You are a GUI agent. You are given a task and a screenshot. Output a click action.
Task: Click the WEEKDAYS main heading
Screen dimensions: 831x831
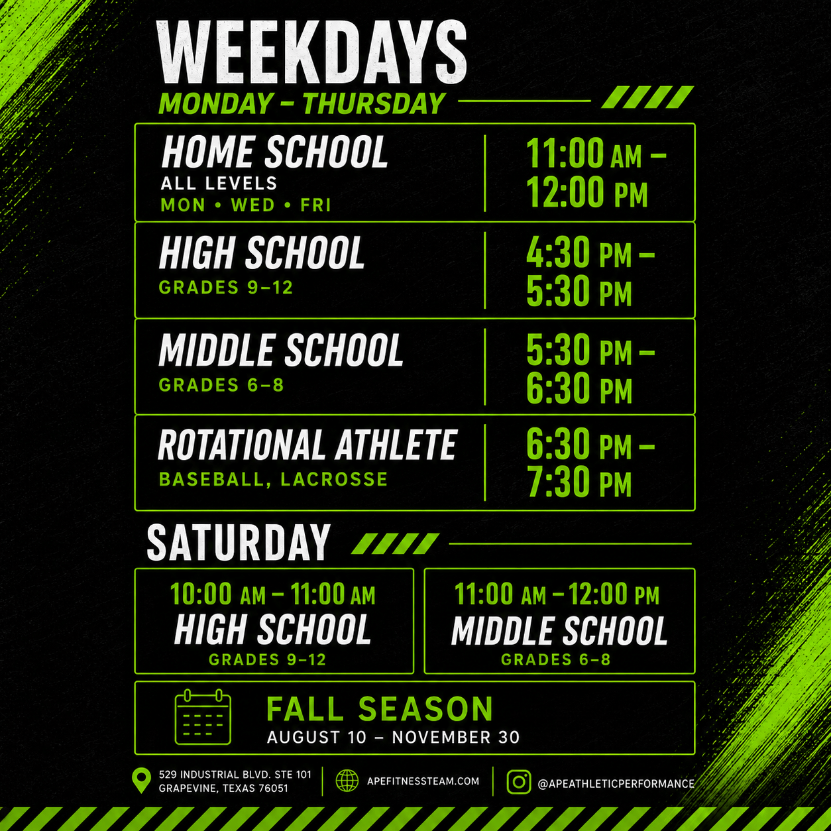(311, 52)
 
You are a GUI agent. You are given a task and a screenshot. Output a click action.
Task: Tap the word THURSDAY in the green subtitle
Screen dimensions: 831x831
(374, 103)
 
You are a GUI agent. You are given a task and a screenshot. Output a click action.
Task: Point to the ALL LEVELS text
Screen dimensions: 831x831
(219, 184)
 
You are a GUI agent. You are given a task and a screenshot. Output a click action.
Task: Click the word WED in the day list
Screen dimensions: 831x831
(252, 205)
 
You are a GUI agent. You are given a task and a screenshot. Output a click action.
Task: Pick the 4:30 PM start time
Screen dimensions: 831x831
(579, 252)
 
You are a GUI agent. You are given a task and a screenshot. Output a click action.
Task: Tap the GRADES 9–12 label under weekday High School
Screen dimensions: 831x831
(226, 287)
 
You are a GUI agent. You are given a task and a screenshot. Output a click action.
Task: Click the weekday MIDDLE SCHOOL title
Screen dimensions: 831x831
(281, 350)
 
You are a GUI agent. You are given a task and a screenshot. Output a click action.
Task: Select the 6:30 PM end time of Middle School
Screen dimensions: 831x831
(579, 388)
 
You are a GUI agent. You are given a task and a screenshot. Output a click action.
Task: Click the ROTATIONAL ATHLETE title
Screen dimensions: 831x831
(307, 445)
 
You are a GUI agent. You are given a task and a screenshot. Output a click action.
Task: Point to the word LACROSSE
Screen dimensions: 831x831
(334, 480)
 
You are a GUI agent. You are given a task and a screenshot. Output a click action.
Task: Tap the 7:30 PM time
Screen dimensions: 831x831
(579, 482)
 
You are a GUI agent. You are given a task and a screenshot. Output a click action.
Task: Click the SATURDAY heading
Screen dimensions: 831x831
(239, 542)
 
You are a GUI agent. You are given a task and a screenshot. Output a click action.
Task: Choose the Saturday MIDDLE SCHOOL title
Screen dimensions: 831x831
(559, 631)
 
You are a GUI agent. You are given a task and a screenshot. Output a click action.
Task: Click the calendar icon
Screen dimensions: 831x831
(203, 717)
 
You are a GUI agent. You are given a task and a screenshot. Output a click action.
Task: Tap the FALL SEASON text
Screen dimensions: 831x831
(380, 709)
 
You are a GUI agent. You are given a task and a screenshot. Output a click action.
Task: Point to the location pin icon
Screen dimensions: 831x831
(141, 781)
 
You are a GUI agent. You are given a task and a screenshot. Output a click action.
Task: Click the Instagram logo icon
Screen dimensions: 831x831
(519, 782)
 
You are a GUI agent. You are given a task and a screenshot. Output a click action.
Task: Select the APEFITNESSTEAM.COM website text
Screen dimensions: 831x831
(423, 781)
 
